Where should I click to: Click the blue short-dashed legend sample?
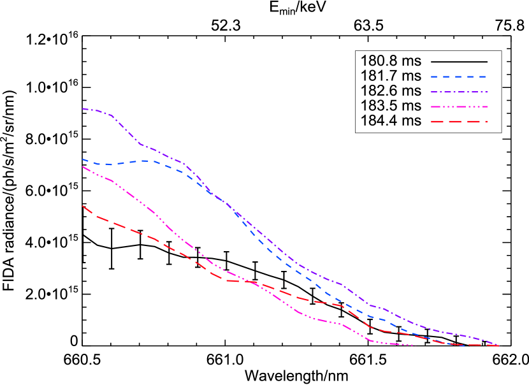point(458,76)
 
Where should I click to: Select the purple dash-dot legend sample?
point(458,92)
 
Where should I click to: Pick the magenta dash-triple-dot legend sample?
point(458,107)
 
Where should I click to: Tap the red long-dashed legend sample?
point(458,121)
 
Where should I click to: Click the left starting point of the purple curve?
point(83,108)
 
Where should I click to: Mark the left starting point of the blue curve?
point(83,159)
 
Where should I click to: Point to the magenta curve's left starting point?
point(83,167)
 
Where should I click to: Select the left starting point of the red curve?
point(83,206)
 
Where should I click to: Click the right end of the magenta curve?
point(416,345)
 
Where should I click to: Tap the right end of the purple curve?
point(498,345)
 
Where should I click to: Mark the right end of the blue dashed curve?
point(465,345)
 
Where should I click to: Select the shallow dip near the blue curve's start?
point(105,164)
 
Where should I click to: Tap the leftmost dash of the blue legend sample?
point(434,76)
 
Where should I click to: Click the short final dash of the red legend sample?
point(485,121)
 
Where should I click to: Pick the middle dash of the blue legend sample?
point(458,76)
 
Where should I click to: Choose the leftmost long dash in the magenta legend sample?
point(435,107)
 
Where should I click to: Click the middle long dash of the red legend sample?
point(456,121)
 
